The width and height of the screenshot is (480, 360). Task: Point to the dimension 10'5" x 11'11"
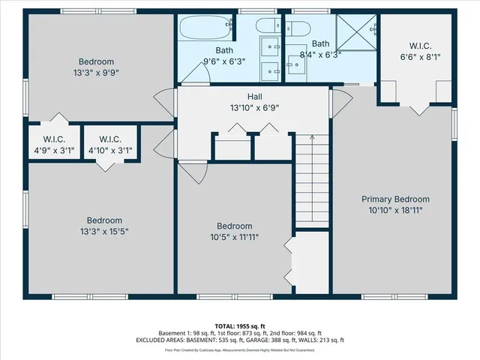pos(234,237)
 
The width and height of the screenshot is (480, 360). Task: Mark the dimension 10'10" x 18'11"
pos(395,211)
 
